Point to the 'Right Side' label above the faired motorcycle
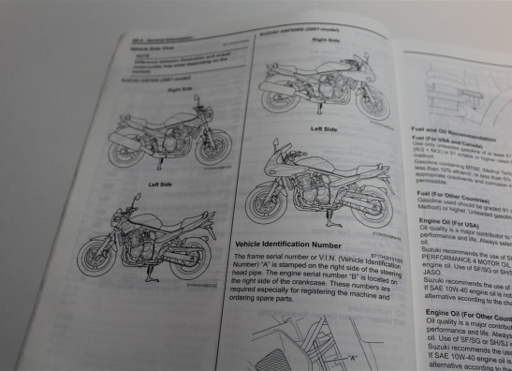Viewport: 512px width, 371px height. click(x=325, y=40)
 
